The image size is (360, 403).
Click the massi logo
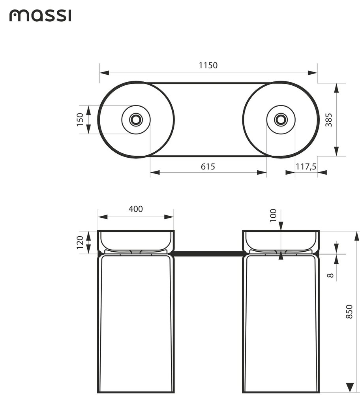coord(40,16)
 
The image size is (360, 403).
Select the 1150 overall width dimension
coord(208,65)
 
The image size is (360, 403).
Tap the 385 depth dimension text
coord(329,120)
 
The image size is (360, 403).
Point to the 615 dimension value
coord(208,167)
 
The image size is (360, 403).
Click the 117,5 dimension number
coord(306,167)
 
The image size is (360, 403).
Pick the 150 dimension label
coord(80,119)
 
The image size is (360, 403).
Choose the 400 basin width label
coord(135,209)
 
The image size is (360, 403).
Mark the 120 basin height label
coord(80,242)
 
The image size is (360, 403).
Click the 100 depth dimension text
coord(273,215)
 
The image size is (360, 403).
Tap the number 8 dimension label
coord(330,275)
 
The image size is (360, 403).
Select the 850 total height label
coord(349,312)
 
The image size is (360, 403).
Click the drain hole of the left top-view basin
coord(136,119)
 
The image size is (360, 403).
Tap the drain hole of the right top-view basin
coord(281,119)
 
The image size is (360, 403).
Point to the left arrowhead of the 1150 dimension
coord(104,73)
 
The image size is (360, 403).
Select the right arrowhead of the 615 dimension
coord(262,172)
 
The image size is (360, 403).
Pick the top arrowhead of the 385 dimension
coord(337,88)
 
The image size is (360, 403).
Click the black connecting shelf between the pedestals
coord(208,254)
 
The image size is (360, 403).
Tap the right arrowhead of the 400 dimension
coord(169,217)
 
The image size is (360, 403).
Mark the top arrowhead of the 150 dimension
coord(88,110)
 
